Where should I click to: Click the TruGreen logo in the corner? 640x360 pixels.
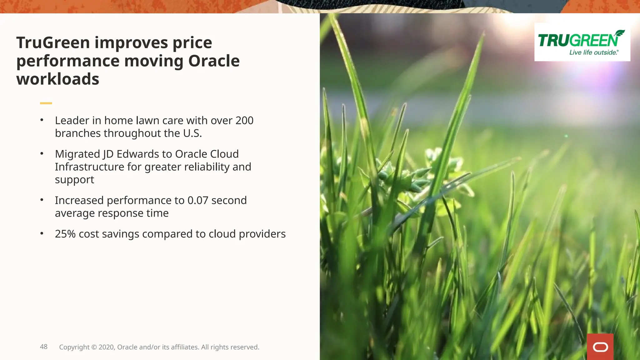point(582,42)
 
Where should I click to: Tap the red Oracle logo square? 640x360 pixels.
point(600,347)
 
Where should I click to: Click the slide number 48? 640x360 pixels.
point(44,347)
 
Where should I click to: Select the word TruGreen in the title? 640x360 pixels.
point(53,42)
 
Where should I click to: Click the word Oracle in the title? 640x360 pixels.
point(214,61)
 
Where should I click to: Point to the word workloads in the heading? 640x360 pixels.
point(58,79)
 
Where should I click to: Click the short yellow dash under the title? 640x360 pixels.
point(46,103)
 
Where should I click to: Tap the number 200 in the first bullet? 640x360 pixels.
point(244,121)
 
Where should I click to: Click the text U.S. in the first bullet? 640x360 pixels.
point(192,133)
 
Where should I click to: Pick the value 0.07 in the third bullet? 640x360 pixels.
point(198,200)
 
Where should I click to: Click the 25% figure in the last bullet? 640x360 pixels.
point(65,234)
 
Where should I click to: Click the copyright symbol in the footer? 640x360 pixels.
point(94,347)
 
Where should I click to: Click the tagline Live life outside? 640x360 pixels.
point(594,52)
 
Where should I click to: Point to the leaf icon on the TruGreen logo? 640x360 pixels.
point(618,33)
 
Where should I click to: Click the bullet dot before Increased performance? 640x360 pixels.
point(42,200)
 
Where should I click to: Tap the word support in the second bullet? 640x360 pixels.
point(74,180)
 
